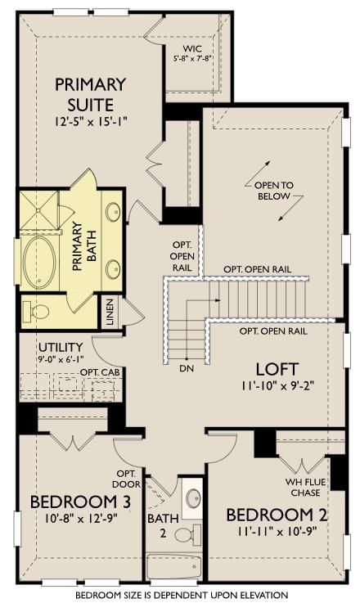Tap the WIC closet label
pyautogui.click(x=192, y=49)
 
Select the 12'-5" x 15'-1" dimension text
pyautogui.click(x=90, y=122)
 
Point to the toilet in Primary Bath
pyautogui.click(x=36, y=311)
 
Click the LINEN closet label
pyautogui.click(x=110, y=313)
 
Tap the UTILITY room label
pyautogui.click(x=61, y=347)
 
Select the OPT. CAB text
pyautogui.click(x=100, y=372)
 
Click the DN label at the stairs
pyautogui.click(x=187, y=368)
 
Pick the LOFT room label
pyautogui.click(x=277, y=369)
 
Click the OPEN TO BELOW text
pyautogui.click(x=274, y=191)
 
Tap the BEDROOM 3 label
pyautogui.click(x=80, y=502)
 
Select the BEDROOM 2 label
pyautogui.click(x=277, y=515)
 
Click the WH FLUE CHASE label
pyautogui.click(x=305, y=488)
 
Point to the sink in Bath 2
pyautogui.click(x=193, y=498)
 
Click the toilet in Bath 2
pyautogui.click(x=188, y=533)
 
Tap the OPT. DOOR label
pyautogui.click(x=126, y=479)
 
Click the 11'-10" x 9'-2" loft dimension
pyautogui.click(x=278, y=385)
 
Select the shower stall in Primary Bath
pyautogui.click(x=38, y=210)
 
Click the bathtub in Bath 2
pyautogui.click(x=173, y=566)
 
